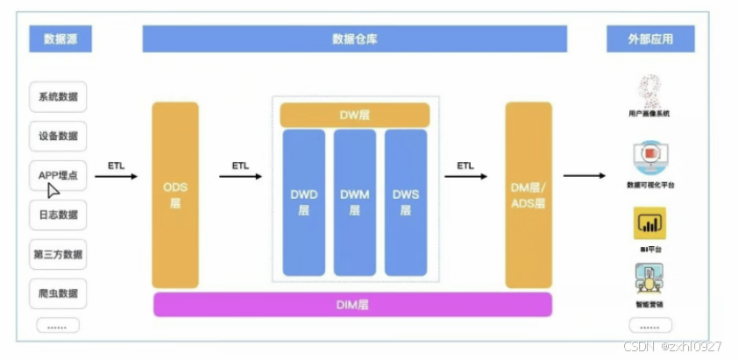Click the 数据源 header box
pos(60,39)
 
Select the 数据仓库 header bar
pos(354,39)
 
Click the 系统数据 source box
pos(59,96)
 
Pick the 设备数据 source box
pos(59,136)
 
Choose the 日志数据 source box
pos(59,215)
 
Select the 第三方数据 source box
pos(59,254)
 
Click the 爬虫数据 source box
pos(59,293)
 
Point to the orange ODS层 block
pos(175,194)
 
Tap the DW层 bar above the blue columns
pos(354,115)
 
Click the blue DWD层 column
pos(304,201)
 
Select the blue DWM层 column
pos(354,201)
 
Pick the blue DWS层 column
pos(405,201)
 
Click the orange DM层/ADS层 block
pos(529,194)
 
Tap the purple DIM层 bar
pos(352,305)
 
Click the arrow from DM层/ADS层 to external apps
pos(584,176)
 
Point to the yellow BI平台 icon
pos(649,223)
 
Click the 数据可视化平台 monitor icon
pos(649,159)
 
